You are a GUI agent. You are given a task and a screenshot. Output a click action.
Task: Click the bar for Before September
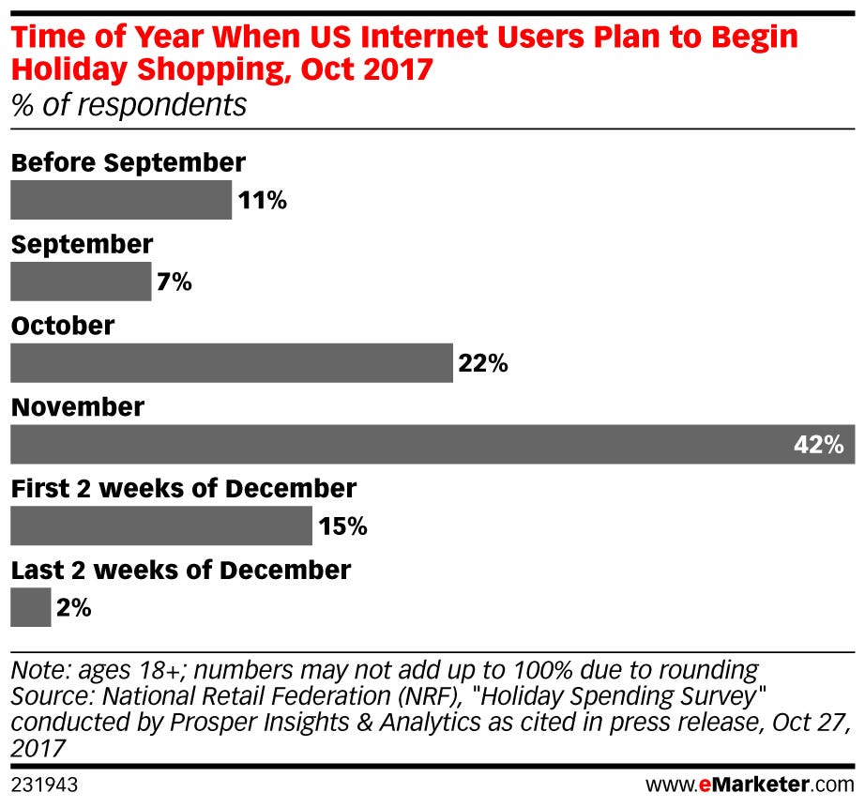click(x=120, y=200)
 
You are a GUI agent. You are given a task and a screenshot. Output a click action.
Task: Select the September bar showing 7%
click(x=81, y=282)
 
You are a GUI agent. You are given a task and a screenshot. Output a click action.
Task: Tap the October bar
click(x=231, y=363)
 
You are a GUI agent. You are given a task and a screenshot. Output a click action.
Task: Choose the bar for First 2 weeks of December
click(x=160, y=526)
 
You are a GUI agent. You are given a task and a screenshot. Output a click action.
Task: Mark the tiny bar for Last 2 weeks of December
click(x=30, y=608)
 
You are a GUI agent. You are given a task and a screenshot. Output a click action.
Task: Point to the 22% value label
click(x=483, y=364)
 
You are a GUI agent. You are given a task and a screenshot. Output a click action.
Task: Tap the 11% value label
click(x=262, y=201)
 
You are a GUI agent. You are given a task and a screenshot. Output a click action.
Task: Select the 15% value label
click(x=342, y=527)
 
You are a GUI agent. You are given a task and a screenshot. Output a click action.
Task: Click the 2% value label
click(x=74, y=609)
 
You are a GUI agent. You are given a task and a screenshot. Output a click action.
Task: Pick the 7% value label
click(x=175, y=282)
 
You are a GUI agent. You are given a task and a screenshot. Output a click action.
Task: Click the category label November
click(x=78, y=407)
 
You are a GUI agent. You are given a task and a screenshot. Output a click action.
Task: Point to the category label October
click(x=63, y=326)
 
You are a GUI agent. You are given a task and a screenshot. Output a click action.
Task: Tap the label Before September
click(x=129, y=162)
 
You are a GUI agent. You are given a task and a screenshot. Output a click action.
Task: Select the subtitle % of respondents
click(x=129, y=104)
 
